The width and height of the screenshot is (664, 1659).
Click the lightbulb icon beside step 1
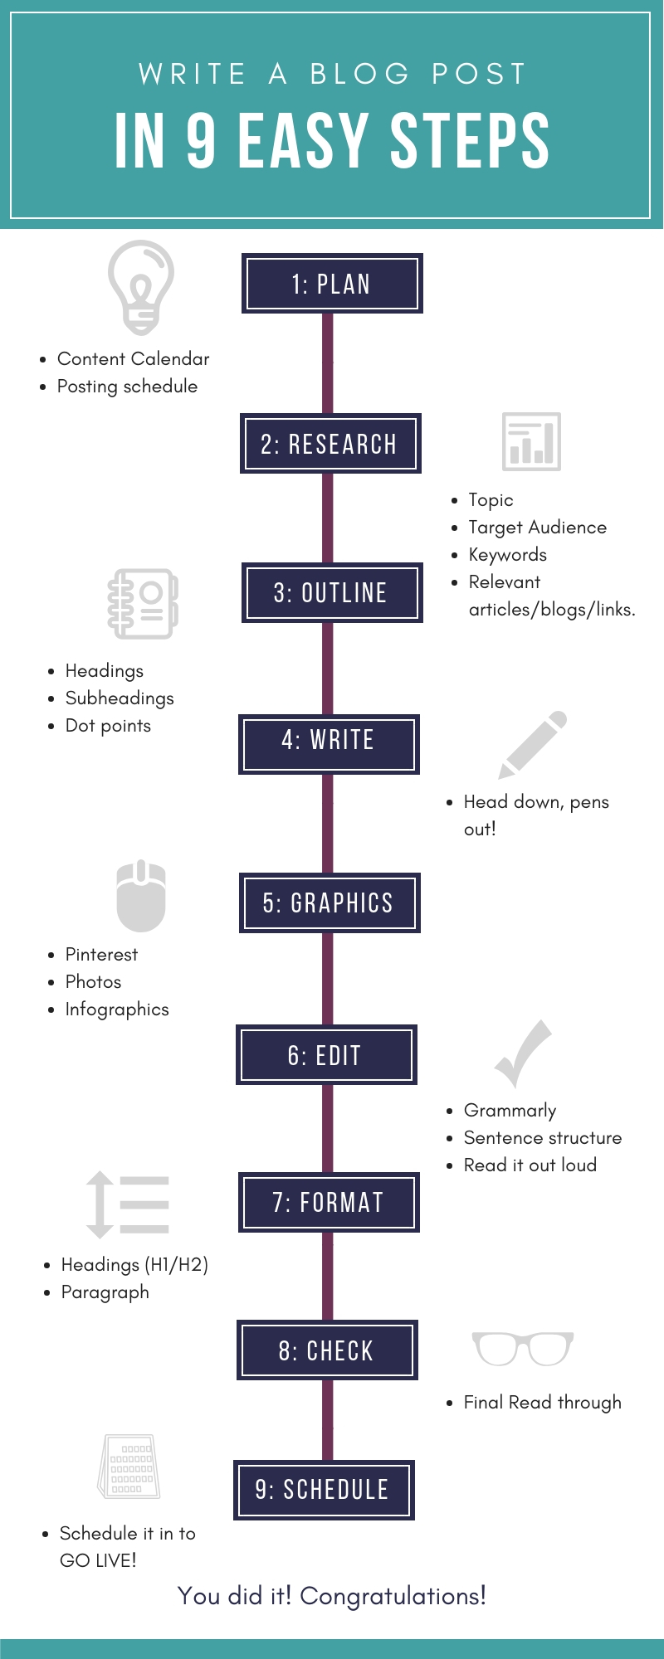coord(140,287)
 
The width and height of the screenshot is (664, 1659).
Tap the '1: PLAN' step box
coord(332,284)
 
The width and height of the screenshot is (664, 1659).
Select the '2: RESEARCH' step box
coord(330,444)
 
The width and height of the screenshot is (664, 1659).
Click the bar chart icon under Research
coord(531,442)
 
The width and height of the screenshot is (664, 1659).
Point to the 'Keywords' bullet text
coord(507,555)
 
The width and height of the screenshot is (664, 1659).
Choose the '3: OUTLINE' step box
coord(332,593)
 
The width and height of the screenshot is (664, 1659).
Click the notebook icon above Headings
coord(143,603)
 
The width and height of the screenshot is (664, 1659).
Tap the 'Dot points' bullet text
coord(108,726)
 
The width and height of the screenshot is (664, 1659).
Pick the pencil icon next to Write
coord(532,744)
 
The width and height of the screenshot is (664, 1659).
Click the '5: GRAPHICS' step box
coord(330,903)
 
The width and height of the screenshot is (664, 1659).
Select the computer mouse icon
coord(141,896)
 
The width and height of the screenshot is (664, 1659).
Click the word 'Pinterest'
coord(101,955)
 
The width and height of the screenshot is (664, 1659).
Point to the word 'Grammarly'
coord(510,1111)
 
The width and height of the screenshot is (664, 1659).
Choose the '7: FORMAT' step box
coord(329,1203)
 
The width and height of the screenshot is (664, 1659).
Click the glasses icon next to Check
coord(522,1348)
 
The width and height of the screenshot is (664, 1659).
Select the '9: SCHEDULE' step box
coord(324,1490)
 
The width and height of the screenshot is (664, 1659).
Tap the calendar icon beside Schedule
coord(130,1467)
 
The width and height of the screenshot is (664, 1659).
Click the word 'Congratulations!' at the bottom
coord(393,1596)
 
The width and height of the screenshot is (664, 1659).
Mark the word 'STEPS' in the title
coord(470,141)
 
